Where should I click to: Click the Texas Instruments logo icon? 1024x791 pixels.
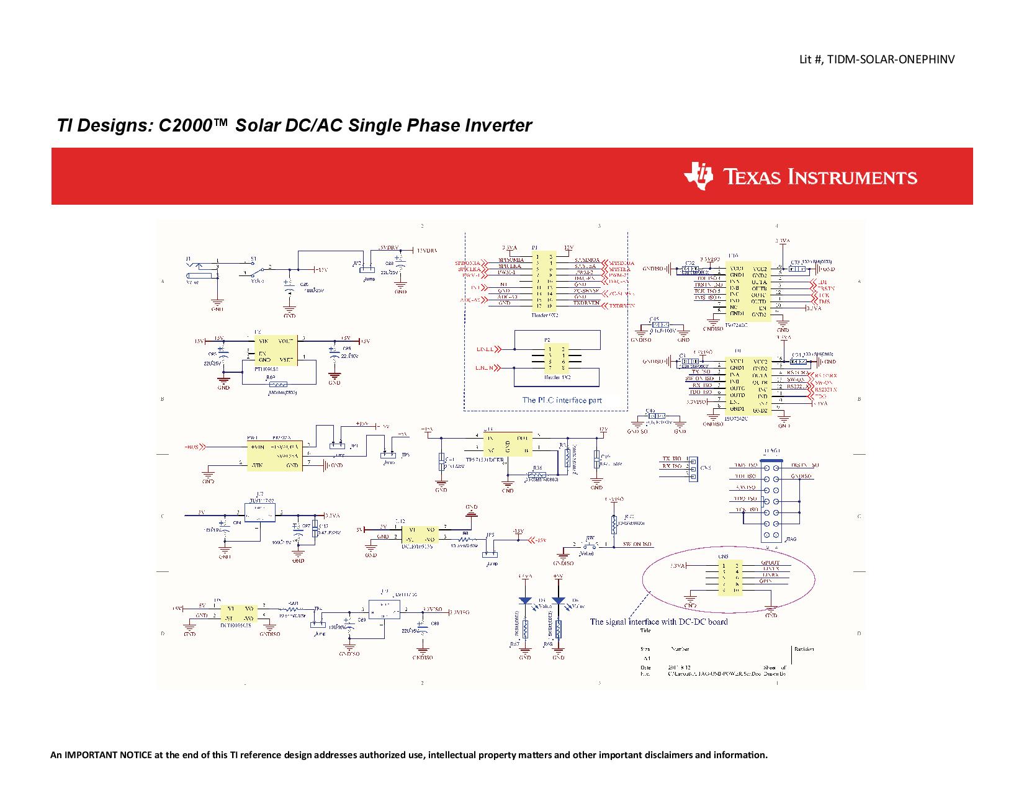click(x=698, y=176)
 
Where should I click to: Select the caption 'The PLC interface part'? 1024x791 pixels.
click(x=562, y=400)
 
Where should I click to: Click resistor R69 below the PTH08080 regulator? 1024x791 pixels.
click(x=274, y=385)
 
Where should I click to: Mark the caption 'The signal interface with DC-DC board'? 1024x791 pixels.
click(x=658, y=621)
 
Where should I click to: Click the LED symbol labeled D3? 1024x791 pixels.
click(x=525, y=601)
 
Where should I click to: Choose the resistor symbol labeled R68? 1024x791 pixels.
click(x=559, y=630)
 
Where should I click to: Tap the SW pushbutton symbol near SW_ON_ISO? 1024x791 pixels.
click(x=590, y=547)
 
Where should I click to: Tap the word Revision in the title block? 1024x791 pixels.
click(x=804, y=649)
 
